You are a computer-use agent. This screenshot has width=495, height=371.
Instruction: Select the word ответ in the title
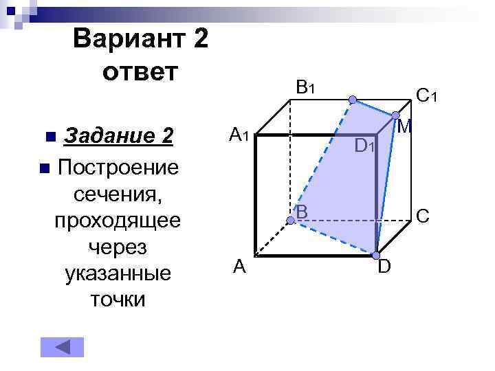[140, 71]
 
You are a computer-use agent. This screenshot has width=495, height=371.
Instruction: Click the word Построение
[119, 167]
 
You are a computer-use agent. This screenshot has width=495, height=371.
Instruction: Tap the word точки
[117, 299]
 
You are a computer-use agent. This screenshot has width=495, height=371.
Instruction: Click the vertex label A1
[239, 136]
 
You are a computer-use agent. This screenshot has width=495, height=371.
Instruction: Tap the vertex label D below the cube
[385, 266]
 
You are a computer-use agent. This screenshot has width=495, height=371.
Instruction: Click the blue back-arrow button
[62, 347]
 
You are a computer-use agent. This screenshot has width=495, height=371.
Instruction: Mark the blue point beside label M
[395, 115]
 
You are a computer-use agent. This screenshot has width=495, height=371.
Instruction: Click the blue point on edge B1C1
[352, 100]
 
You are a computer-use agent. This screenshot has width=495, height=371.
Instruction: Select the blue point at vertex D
[376, 255]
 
